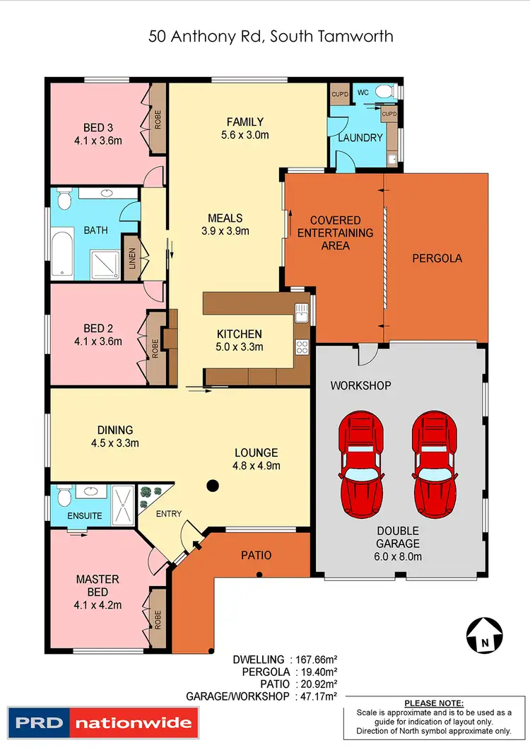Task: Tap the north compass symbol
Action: (484, 633)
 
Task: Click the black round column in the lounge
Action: (211, 486)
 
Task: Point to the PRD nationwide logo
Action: (101, 723)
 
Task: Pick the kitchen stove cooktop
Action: (301, 347)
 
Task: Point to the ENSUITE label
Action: (85, 516)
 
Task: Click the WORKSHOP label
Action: (361, 386)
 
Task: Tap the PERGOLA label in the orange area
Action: (437, 258)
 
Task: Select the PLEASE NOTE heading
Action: (435, 703)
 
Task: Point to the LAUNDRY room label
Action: (360, 138)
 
